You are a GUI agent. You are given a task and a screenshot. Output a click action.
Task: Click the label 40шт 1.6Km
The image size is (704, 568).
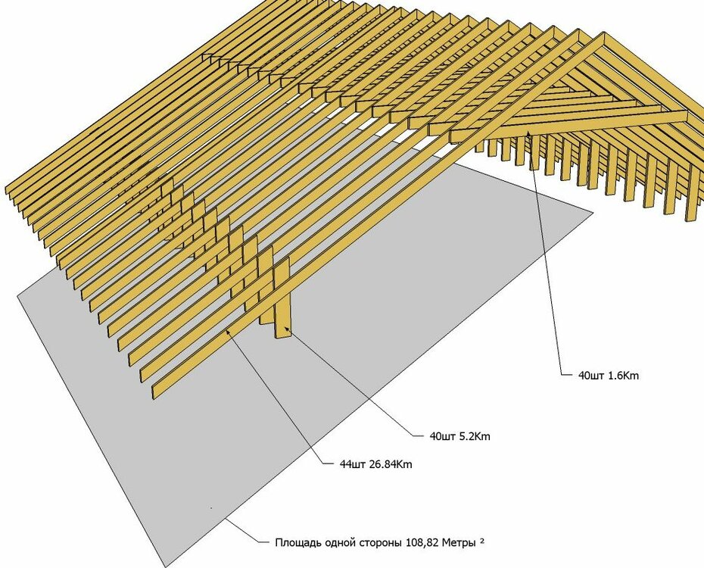click(609, 376)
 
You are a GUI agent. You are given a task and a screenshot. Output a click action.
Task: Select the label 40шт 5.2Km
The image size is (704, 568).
click(459, 436)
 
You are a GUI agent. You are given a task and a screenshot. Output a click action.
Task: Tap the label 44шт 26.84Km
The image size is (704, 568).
click(376, 463)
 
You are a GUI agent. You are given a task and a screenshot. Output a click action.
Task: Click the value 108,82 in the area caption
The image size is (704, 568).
click(422, 542)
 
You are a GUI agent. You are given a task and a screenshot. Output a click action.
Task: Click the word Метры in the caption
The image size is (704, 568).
click(459, 542)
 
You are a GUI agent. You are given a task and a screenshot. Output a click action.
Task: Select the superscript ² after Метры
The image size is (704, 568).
click(481, 541)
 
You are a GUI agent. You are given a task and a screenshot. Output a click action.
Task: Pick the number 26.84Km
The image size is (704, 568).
click(391, 463)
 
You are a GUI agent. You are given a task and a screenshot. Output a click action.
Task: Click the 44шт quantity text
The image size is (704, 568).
click(353, 463)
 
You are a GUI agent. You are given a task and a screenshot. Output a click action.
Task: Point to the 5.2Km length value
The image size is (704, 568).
click(474, 436)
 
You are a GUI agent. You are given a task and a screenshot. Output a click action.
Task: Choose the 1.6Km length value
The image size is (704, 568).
click(623, 376)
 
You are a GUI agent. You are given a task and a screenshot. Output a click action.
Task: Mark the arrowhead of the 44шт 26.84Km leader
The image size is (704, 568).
click(227, 330)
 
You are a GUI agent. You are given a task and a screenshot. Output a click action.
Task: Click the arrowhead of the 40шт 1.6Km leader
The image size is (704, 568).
click(528, 131)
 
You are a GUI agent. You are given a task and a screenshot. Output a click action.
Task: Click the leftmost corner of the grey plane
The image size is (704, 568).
click(17, 296)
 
